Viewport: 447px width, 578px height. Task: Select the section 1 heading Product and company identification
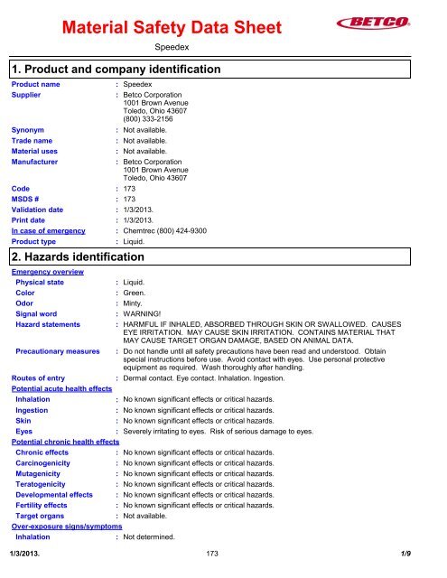click(116, 69)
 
